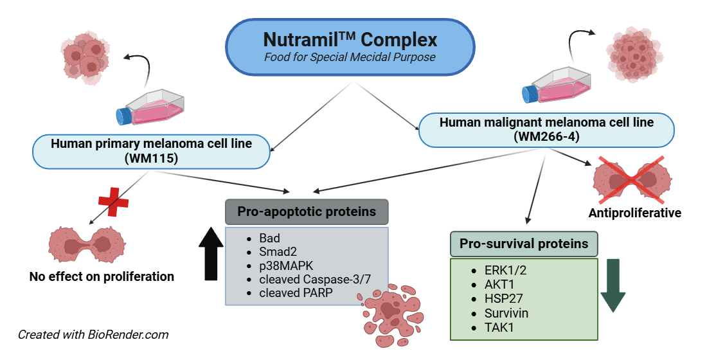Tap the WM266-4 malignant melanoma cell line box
546,129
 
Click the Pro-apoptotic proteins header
307,212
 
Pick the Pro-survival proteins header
524,244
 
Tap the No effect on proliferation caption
102,277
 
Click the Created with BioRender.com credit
93,334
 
